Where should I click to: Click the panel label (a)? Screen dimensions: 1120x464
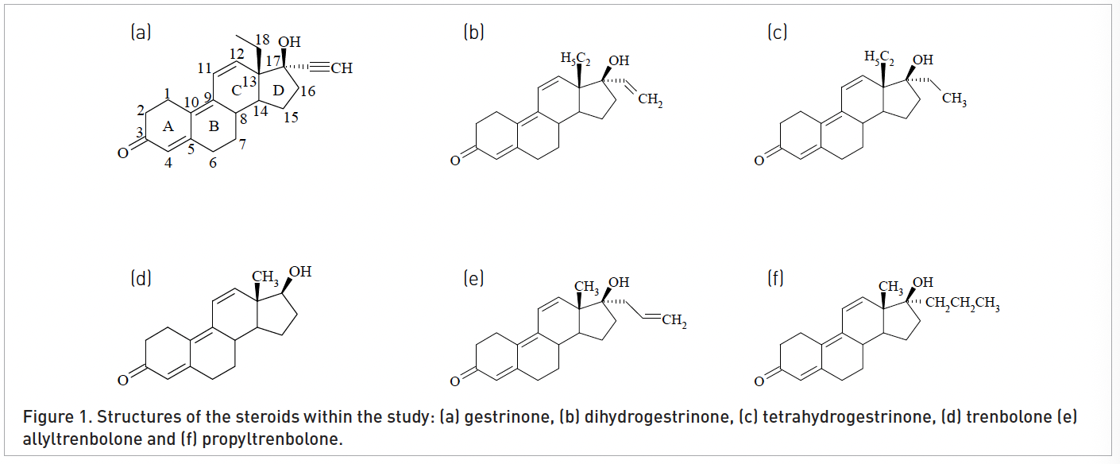[x=141, y=33]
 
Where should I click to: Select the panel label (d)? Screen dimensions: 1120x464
[x=141, y=278]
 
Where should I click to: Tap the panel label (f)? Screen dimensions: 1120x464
[x=775, y=278]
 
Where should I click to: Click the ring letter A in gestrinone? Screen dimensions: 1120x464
[x=168, y=126]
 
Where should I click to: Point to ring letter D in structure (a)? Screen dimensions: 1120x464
[x=279, y=91]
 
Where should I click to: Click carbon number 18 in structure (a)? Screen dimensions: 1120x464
[x=262, y=40]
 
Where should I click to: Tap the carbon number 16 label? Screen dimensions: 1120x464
[x=308, y=91]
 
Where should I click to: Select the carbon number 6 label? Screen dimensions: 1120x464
[x=213, y=163]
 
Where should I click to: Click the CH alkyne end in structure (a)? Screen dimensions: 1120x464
[x=342, y=68]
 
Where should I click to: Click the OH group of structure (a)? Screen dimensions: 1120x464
[x=289, y=42]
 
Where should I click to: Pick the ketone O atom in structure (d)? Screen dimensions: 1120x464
[x=123, y=381]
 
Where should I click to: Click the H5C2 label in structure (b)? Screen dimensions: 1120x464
[x=576, y=59]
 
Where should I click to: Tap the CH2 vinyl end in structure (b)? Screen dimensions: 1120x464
[x=651, y=99]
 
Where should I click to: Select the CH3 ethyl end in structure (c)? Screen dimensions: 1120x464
[x=955, y=99]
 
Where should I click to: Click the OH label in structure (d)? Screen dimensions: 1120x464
[x=300, y=272]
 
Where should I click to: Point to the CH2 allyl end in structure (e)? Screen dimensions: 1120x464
[x=674, y=320]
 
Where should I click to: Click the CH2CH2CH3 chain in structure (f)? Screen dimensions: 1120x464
[x=963, y=304]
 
